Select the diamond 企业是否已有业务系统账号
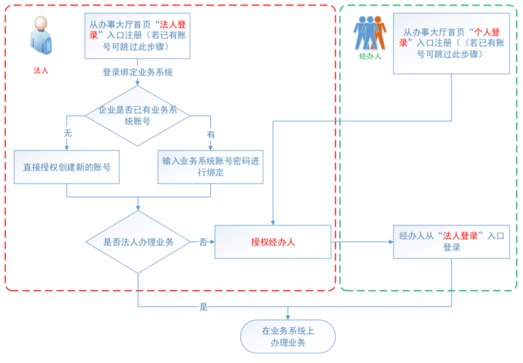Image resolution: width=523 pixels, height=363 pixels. click(137, 116)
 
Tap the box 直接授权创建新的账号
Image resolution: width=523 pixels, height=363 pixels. click(67, 167)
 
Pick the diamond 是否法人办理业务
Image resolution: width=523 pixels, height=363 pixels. click(137, 242)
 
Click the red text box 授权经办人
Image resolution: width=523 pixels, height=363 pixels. click(273, 242)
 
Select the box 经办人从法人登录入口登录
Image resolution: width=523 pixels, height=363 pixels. click(451, 241)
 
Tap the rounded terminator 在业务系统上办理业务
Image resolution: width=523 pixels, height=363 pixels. click(288, 337)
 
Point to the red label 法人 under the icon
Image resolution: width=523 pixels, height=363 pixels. click(40, 70)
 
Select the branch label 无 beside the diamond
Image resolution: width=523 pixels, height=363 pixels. click(68, 134)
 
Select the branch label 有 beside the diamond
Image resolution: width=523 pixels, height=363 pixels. click(210, 134)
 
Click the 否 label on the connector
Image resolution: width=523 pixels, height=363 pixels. click(203, 242)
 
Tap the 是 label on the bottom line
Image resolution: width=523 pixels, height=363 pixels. click(204, 307)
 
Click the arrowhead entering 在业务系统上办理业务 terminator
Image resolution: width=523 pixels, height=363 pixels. click(288, 318)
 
